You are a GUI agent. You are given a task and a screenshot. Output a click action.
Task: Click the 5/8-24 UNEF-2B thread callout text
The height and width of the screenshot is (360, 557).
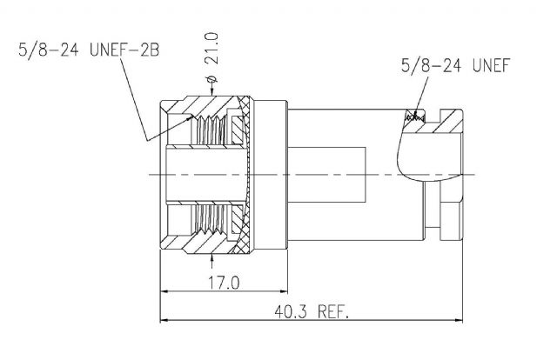[x=89, y=50]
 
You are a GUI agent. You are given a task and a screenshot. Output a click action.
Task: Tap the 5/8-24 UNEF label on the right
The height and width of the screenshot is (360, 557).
[x=455, y=65]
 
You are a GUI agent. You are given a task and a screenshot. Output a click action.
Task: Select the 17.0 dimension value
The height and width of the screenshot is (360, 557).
[x=224, y=283]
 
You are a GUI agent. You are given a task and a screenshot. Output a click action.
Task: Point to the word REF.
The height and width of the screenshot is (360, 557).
[x=333, y=311]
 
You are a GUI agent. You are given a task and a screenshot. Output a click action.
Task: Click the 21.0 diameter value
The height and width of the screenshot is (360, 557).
[x=211, y=48]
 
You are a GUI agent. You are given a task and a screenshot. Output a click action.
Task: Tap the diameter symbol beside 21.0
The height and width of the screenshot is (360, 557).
[x=211, y=78]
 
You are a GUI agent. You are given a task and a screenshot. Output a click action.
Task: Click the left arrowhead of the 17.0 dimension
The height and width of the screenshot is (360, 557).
[x=164, y=291]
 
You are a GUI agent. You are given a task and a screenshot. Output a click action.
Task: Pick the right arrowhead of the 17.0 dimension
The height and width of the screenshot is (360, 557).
[x=284, y=291]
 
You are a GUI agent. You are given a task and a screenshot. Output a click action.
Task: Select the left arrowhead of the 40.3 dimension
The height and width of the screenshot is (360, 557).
[x=164, y=320]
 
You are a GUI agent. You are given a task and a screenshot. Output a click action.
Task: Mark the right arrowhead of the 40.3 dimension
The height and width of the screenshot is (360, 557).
[x=459, y=320]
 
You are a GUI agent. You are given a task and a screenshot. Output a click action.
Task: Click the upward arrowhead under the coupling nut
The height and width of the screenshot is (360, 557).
[x=212, y=257]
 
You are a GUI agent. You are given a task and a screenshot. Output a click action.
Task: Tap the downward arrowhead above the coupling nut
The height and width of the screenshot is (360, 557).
[x=212, y=92]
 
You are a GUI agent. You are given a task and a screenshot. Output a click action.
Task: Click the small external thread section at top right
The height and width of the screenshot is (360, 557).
[x=415, y=117]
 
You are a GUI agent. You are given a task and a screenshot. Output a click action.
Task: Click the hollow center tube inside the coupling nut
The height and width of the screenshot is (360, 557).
[x=206, y=175]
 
